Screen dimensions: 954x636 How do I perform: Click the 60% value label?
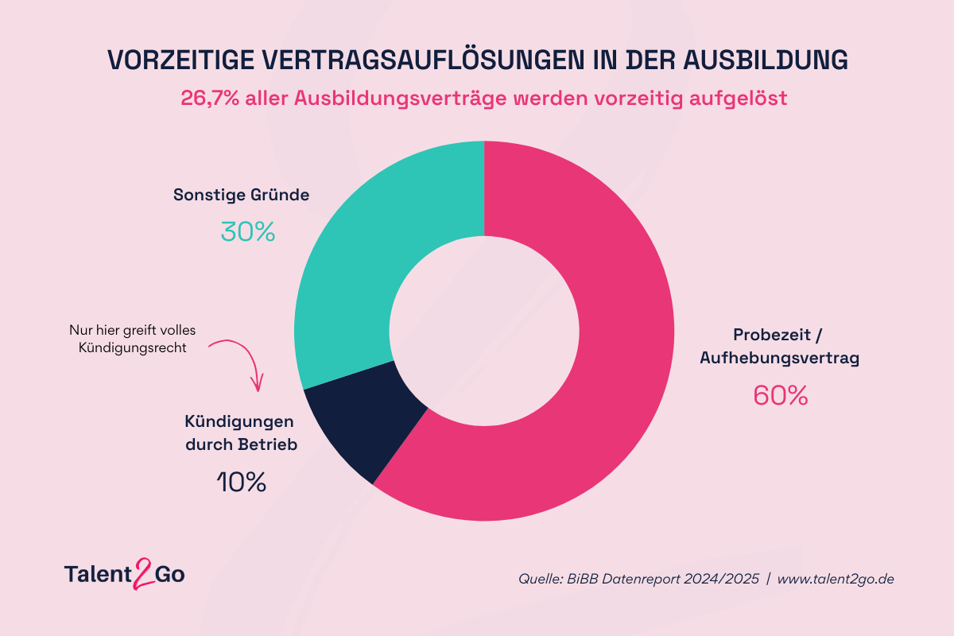click(x=780, y=396)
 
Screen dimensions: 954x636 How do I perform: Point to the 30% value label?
click(x=248, y=232)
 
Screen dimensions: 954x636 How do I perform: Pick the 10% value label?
click(x=242, y=483)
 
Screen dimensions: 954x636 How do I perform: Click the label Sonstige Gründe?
click(x=241, y=195)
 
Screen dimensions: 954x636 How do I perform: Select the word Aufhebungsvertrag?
click(x=779, y=358)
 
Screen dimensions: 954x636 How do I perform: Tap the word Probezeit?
click(x=772, y=335)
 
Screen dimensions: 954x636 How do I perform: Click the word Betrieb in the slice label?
click(x=267, y=444)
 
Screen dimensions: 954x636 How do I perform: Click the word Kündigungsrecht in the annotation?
click(x=133, y=348)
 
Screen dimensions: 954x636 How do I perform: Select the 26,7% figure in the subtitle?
click(x=210, y=99)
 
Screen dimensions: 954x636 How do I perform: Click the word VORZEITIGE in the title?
click(x=181, y=60)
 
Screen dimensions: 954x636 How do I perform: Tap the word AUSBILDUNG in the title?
click(x=766, y=60)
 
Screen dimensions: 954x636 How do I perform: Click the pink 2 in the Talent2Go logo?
click(x=144, y=573)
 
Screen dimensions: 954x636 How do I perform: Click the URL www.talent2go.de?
click(x=836, y=579)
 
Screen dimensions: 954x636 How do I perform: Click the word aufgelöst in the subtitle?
click(x=738, y=99)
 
